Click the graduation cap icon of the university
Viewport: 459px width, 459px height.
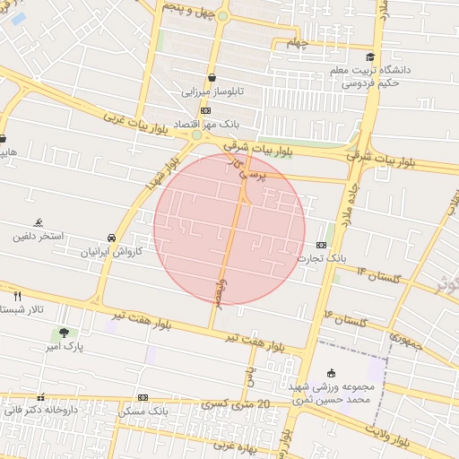click(369, 57)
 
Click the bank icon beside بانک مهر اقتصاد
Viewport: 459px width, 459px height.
click(206, 111)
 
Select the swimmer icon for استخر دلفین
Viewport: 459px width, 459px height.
click(38, 222)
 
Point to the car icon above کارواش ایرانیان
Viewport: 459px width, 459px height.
click(110, 238)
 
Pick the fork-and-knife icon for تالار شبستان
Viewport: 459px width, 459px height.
click(17, 295)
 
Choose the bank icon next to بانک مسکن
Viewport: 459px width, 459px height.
click(143, 397)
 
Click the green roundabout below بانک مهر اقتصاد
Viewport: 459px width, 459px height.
click(196, 135)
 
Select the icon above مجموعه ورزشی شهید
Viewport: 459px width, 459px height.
click(331, 373)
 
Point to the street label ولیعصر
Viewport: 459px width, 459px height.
click(221, 291)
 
